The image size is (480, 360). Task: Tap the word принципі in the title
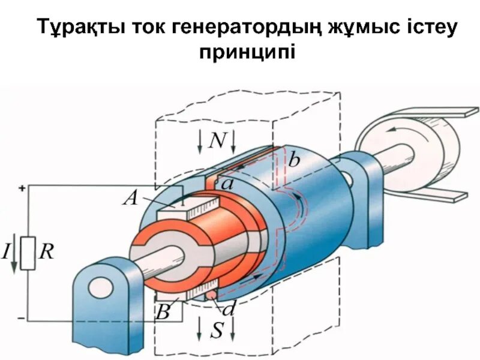[247, 53]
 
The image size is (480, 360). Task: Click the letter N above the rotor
[217, 141]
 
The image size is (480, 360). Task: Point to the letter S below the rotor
[217, 329]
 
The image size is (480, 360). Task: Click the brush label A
[131, 198]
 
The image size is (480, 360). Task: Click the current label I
[7, 251]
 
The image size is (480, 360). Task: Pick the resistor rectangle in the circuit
[28, 253]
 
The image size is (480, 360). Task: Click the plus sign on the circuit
[22, 188]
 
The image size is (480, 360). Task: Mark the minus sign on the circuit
[22, 316]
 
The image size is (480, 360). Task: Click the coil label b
[294, 160]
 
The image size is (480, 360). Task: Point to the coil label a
[227, 184]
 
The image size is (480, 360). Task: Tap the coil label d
[229, 310]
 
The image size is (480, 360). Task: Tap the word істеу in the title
[415, 28]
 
